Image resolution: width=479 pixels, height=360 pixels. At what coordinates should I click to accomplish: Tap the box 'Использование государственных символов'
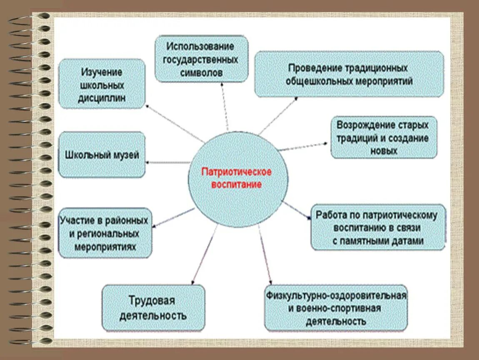point(202,59)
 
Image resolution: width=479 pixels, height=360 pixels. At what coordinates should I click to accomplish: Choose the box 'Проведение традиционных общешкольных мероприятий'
point(349,74)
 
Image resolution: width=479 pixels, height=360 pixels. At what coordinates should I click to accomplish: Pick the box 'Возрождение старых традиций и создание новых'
point(384,137)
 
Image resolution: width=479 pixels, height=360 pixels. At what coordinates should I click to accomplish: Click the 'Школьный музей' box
point(102,155)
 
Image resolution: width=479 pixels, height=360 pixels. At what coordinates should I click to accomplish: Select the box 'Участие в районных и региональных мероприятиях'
point(105,233)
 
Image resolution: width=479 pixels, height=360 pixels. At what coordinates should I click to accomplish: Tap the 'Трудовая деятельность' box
point(153,308)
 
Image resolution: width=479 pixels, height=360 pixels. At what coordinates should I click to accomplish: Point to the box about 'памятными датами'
point(378,227)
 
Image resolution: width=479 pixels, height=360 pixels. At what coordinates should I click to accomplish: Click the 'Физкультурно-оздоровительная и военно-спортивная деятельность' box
point(336,308)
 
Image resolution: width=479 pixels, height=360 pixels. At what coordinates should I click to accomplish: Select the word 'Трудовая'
point(151,300)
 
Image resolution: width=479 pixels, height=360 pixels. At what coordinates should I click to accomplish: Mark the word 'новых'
point(383,151)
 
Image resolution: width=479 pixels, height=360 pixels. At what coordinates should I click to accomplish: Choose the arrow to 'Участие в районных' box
point(173,218)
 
